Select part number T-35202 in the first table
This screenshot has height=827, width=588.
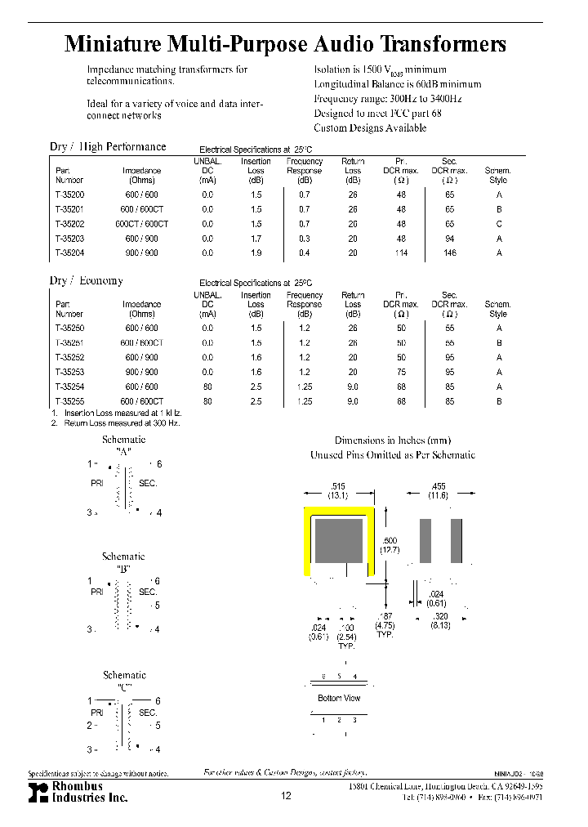point(69,224)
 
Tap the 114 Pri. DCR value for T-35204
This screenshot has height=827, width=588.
point(401,253)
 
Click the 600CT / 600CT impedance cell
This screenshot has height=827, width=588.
point(142,224)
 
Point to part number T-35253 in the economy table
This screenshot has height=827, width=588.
point(69,372)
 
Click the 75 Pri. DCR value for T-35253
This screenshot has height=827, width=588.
point(401,372)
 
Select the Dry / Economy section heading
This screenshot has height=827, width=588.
point(87,280)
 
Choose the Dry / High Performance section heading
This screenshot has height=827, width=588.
point(108,147)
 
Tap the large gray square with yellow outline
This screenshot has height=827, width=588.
point(339,542)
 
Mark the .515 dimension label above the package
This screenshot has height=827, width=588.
point(338,485)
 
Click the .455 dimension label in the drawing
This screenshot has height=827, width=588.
point(438,485)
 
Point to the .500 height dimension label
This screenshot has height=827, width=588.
point(390,540)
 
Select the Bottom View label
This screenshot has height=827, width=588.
point(339,698)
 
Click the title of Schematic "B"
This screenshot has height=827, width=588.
point(124,561)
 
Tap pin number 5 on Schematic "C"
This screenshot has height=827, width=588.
point(158,725)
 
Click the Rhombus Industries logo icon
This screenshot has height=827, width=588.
point(38,792)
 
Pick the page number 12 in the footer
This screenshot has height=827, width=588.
point(285,796)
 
